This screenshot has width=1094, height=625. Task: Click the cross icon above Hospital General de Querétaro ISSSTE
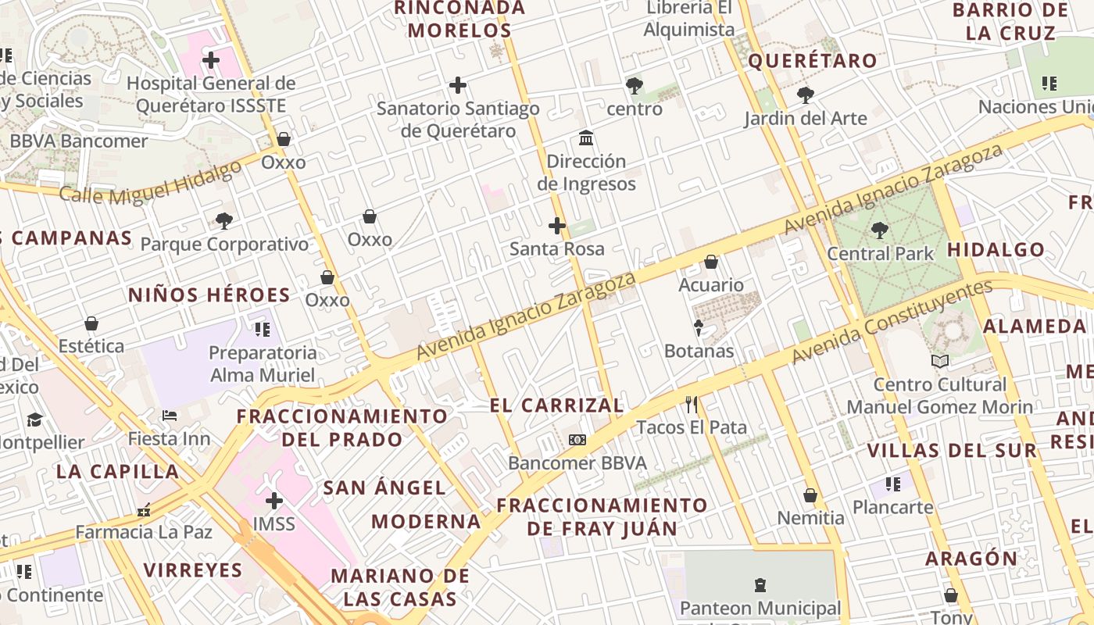click(210, 59)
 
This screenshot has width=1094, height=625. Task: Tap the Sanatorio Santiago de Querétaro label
click(458, 120)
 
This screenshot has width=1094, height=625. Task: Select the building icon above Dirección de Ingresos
click(586, 138)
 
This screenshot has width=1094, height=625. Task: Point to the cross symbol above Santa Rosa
click(556, 227)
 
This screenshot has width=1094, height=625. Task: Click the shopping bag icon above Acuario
click(711, 262)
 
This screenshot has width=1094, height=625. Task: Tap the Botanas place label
click(699, 351)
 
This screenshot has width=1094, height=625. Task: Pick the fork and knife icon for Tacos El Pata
click(691, 404)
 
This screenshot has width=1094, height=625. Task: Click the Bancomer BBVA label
click(577, 462)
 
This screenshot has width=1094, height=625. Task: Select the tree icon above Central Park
click(879, 230)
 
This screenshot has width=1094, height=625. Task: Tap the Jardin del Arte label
click(805, 118)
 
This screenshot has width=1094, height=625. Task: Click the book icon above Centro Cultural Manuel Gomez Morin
click(940, 361)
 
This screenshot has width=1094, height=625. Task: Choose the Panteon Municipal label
click(760, 608)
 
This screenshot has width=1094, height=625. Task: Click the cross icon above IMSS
click(274, 500)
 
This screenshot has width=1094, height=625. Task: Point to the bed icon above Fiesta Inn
click(170, 415)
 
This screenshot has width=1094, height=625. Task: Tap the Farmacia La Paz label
click(144, 532)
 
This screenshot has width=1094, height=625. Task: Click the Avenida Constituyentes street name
click(892, 322)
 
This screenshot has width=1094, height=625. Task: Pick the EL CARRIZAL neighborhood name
click(556, 405)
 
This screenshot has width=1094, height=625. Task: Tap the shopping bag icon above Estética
click(91, 323)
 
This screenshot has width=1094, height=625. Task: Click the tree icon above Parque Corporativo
click(224, 221)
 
